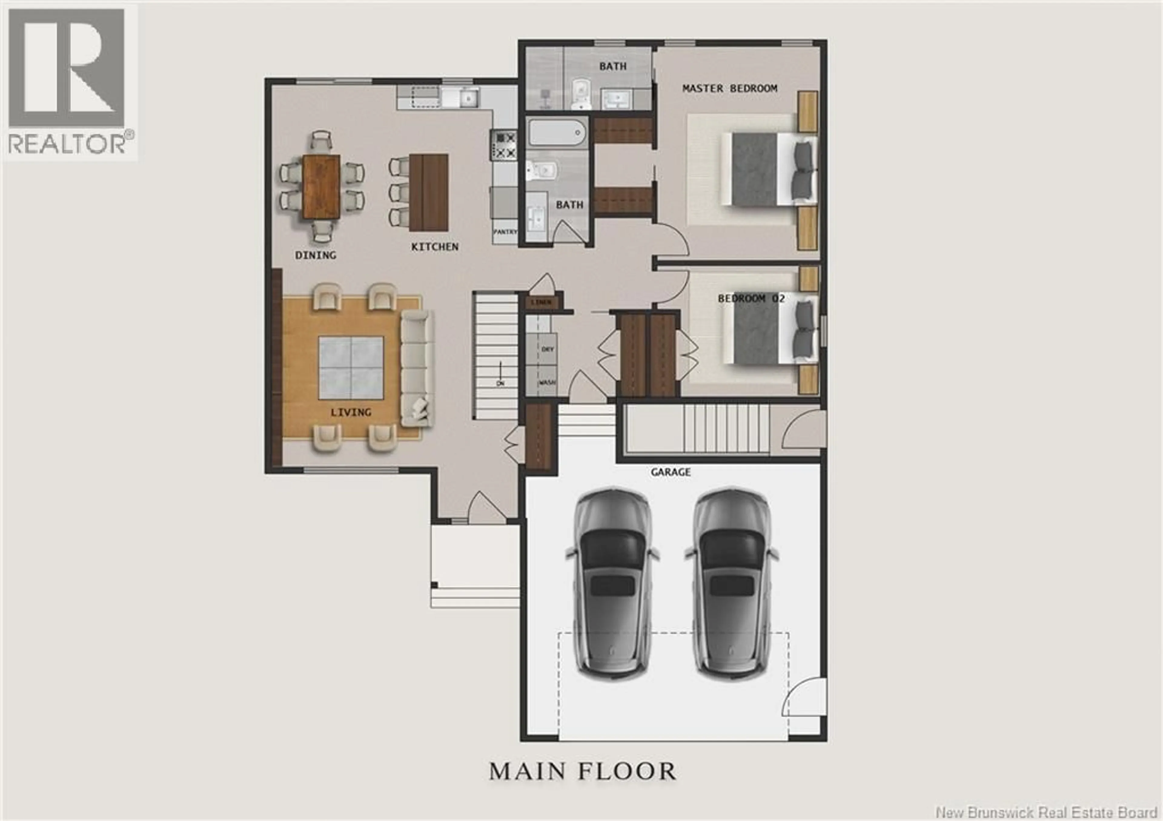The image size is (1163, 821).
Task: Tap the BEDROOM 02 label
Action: coord(751,299)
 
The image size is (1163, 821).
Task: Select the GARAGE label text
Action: coord(670,472)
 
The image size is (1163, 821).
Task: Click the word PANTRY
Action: coord(505,232)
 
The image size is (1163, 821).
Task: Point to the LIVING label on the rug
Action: coord(350,412)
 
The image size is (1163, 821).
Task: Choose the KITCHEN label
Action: coord(435,247)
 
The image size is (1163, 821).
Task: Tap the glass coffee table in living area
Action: coord(350,368)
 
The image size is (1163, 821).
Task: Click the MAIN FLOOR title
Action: coord(582,771)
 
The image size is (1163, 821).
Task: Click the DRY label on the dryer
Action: coord(548,349)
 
